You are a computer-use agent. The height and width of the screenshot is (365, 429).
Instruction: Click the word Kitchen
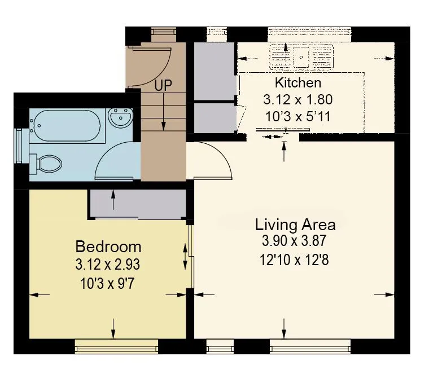point(298,83)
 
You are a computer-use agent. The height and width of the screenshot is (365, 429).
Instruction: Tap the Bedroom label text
point(108,247)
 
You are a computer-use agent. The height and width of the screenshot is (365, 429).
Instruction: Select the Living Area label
point(295,225)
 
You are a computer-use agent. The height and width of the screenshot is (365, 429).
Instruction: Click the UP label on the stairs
point(163,85)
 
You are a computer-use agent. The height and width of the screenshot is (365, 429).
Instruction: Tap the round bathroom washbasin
point(120,118)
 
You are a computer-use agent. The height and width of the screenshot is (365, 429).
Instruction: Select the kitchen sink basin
point(301,57)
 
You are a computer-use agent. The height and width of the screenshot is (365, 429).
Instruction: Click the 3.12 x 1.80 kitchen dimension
point(298,99)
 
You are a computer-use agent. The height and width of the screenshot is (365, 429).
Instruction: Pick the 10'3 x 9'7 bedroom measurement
point(107,284)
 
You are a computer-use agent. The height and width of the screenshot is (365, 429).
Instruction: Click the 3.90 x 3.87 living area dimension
point(294,241)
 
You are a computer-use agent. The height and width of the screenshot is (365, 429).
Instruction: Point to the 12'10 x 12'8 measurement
point(294,260)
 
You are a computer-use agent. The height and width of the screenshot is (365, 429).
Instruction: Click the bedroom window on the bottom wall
point(116,347)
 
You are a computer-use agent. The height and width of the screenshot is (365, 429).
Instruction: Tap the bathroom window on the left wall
point(19,146)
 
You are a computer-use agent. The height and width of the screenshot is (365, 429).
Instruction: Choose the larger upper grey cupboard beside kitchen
point(214,71)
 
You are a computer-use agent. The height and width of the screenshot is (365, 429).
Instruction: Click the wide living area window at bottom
point(310,346)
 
